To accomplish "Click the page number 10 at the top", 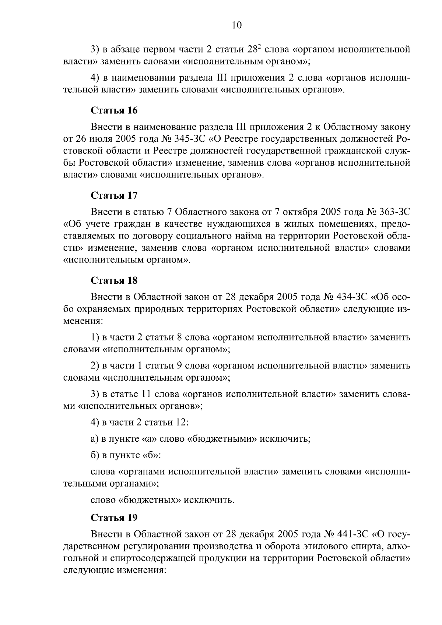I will [x=236, y=25].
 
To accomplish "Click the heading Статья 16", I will [x=114, y=110].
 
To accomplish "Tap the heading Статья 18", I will [x=114, y=280].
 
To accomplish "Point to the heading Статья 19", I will [x=114, y=518].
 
